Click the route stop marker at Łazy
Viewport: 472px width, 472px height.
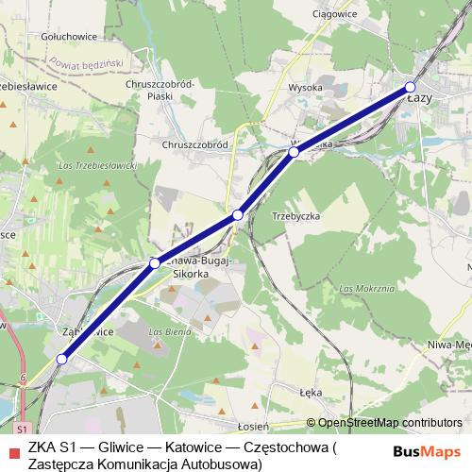(410, 88)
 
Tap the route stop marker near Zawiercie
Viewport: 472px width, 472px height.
(294, 151)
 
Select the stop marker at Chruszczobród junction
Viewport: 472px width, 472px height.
(238, 215)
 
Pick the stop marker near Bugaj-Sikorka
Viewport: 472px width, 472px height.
(154, 263)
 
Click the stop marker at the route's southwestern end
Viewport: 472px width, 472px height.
(62, 359)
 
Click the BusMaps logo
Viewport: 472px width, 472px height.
(427, 452)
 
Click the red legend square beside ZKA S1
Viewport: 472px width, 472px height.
(11, 445)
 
